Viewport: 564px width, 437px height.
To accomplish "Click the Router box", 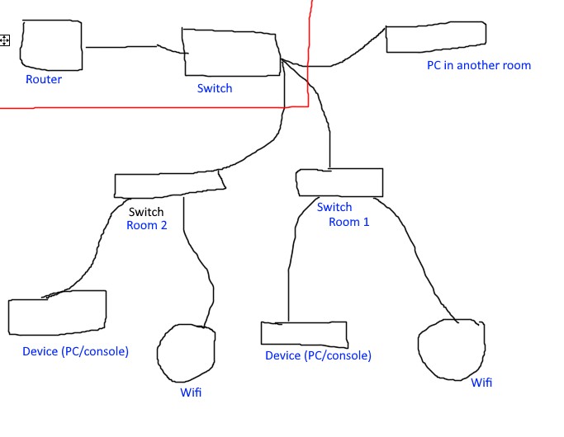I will [x=51, y=45].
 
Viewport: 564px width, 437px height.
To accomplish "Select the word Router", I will [x=44, y=80].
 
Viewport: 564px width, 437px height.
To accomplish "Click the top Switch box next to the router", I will [x=230, y=52].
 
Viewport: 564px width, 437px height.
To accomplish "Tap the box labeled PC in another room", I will [x=435, y=38].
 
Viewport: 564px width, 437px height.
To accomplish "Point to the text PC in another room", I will [x=478, y=65].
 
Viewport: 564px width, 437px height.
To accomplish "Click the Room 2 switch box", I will [x=168, y=185].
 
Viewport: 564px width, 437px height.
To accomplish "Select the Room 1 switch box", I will [x=339, y=182].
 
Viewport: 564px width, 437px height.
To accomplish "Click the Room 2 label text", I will [x=147, y=225].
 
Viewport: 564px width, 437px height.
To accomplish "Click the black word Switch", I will [x=146, y=212].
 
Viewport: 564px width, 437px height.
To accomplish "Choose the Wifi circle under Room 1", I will [x=451, y=349].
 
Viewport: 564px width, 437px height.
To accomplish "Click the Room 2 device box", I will [x=57, y=312].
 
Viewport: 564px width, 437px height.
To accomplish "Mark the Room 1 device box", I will [x=304, y=332].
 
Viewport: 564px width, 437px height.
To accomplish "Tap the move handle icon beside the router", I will [x=5, y=40].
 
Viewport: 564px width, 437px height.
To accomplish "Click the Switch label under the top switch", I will [x=215, y=88].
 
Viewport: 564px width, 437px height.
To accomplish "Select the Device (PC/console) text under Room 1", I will [x=318, y=356].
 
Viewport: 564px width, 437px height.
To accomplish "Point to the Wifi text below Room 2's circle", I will [x=191, y=392].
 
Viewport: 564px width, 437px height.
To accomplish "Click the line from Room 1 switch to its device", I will [x=290, y=264].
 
